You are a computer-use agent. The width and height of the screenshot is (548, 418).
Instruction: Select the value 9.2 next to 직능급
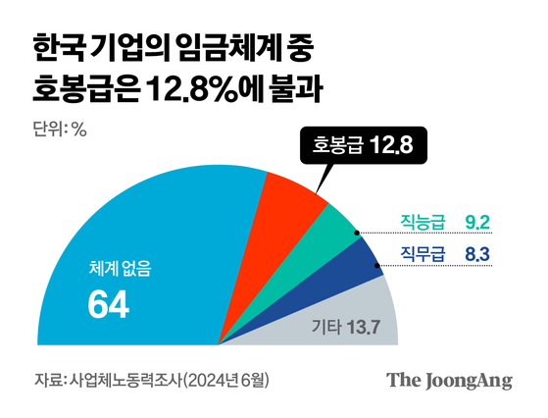pyautogui.click(x=480, y=221)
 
